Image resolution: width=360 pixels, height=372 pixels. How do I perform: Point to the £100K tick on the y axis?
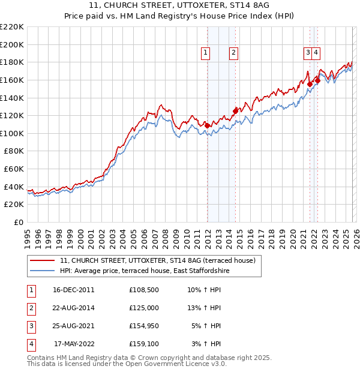click(12, 133)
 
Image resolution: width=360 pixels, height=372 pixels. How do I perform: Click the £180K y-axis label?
click(12, 62)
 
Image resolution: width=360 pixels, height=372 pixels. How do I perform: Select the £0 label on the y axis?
click(19, 222)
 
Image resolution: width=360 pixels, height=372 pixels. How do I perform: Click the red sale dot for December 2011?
click(207, 125)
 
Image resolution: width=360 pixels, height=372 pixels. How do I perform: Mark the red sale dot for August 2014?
click(235, 110)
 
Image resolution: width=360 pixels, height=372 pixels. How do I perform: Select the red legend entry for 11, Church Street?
click(158, 260)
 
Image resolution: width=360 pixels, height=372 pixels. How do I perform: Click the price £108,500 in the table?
click(144, 289)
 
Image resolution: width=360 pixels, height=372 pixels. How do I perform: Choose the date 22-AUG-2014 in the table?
click(74, 307)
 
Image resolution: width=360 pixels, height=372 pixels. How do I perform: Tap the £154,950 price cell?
click(144, 326)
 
